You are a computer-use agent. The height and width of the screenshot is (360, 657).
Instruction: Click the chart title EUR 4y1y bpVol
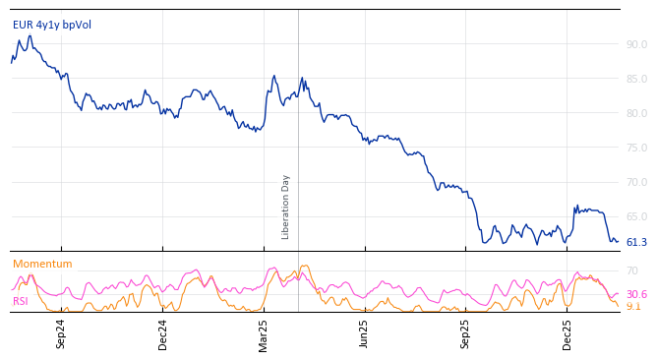click(x=51, y=25)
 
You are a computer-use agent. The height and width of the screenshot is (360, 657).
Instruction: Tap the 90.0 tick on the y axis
click(x=636, y=44)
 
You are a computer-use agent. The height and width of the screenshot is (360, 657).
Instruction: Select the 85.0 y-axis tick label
click(x=636, y=79)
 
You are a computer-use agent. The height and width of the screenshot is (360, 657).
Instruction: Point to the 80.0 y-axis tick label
click(x=636, y=113)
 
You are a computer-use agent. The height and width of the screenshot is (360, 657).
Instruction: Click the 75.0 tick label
click(x=636, y=148)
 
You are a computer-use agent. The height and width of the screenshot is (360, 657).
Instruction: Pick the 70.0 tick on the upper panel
click(x=636, y=182)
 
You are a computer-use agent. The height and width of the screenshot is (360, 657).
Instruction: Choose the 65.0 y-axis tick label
click(x=636, y=216)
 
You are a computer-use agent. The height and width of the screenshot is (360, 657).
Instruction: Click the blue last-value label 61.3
click(x=636, y=242)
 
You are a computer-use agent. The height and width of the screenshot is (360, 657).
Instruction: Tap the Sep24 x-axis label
click(x=61, y=333)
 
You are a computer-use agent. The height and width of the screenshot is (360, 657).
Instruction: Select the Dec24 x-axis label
click(x=163, y=333)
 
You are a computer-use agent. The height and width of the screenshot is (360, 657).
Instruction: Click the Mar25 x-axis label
click(x=264, y=333)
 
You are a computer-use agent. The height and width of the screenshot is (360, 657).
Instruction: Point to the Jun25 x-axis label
click(x=364, y=333)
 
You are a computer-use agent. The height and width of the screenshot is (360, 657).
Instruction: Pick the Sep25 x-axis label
click(x=465, y=333)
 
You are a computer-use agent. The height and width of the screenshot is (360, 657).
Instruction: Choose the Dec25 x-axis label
click(x=567, y=333)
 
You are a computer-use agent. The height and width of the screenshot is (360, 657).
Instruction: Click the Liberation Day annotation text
click(x=286, y=207)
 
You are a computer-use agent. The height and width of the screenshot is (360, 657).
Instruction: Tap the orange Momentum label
click(x=42, y=264)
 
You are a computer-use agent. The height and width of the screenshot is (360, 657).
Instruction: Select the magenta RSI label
click(x=21, y=301)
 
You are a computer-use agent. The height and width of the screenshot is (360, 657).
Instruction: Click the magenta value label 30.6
click(x=636, y=294)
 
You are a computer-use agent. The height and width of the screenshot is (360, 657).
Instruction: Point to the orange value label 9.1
click(x=633, y=307)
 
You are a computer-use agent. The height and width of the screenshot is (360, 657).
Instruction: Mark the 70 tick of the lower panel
click(x=632, y=270)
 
